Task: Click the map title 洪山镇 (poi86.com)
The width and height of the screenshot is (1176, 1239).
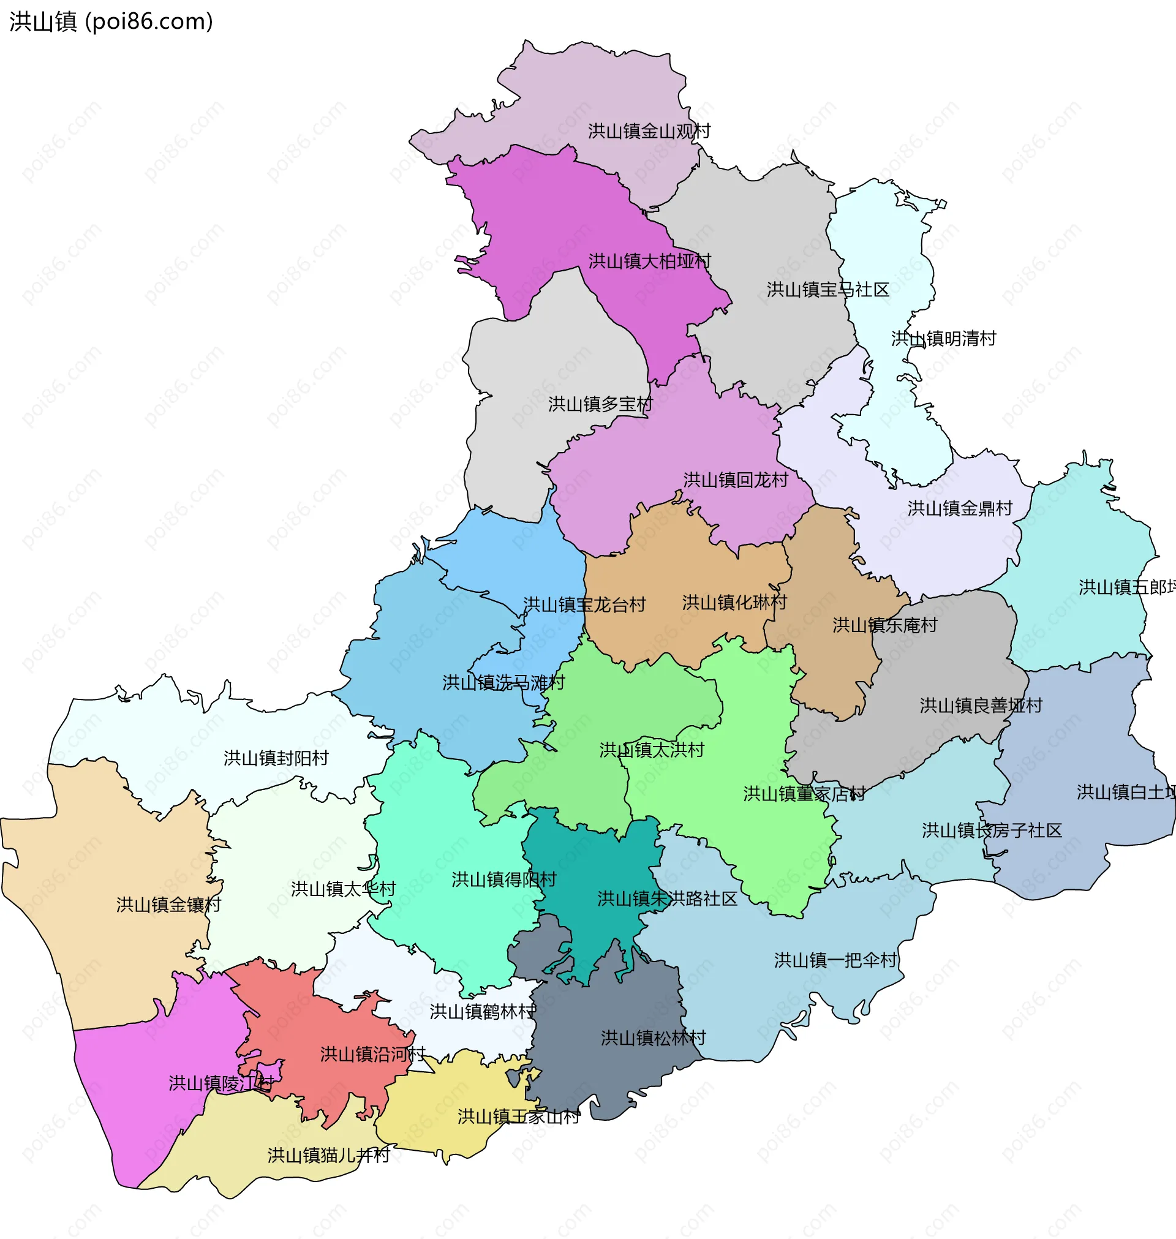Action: (111, 22)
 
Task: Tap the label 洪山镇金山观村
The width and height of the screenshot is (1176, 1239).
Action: (649, 132)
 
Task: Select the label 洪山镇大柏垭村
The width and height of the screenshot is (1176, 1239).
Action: (649, 262)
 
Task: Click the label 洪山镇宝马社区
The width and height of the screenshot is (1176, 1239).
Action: (827, 290)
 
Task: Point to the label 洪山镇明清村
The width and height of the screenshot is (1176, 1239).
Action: (943, 339)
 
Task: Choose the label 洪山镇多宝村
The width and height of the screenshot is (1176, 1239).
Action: (600, 405)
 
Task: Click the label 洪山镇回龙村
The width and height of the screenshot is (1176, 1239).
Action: (736, 481)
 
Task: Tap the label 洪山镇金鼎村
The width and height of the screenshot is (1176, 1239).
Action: (960, 509)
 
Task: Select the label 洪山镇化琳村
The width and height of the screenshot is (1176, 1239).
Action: (734, 603)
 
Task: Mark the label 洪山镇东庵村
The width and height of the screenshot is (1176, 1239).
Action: (884, 625)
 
